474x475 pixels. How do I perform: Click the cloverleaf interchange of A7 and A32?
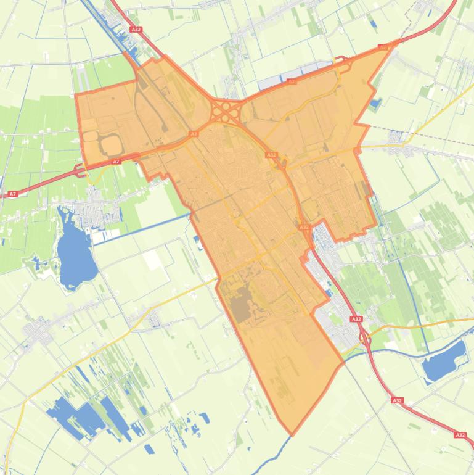(x=226, y=112)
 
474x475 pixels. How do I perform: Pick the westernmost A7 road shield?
(x=12, y=194)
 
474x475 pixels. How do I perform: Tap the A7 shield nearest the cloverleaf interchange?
(x=194, y=133)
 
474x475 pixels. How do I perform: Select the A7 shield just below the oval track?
(x=116, y=162)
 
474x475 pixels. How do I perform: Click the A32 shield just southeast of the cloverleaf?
(x=271, y=155)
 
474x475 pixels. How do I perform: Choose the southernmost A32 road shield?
(x=460, y=435)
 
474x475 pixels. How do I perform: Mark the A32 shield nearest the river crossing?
(x=396, y=400)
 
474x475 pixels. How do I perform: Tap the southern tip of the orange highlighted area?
(x=292, y=434)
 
